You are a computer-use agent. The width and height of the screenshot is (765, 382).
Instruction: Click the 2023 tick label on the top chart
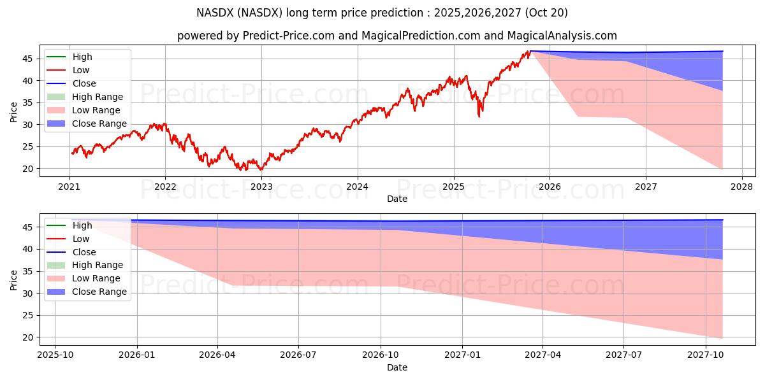[x=261, y=187]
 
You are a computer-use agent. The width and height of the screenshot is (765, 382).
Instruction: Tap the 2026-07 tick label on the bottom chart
[x=299, y=355]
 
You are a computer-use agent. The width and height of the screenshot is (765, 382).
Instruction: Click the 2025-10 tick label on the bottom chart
[x=55, y=355]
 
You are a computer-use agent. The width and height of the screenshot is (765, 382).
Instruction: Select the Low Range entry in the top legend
[x=96, y=110]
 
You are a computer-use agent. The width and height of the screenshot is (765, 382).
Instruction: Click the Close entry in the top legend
[x=84, y=83]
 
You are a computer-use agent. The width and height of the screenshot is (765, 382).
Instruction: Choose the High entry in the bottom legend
[x=82, y=225]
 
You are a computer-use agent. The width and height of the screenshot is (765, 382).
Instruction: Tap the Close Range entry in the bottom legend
[x=99, y=292]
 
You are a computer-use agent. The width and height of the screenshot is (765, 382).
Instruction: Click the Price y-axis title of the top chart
[x=14, y=111]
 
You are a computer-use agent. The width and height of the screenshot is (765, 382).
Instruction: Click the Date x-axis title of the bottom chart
[x=397, y=367]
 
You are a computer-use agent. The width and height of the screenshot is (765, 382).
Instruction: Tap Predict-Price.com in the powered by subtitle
[x=289, y=36]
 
